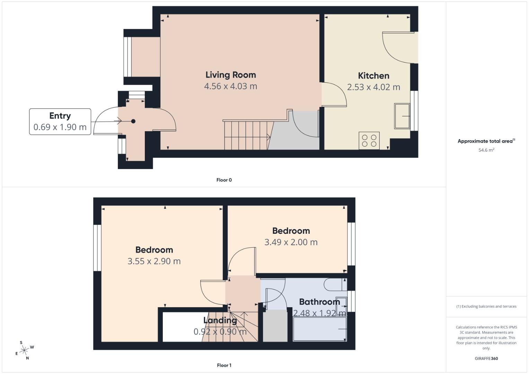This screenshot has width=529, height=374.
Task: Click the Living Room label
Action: [230, 75]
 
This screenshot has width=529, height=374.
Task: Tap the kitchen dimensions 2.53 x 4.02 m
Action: [373, 87]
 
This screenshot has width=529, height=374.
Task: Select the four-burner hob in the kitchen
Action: [369, 141]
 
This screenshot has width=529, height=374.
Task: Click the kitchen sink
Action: [402, 116]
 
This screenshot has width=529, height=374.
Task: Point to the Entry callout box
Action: [60, 122]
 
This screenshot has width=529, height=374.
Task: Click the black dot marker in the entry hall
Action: [133, 121]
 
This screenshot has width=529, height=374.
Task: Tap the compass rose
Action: [24, 351]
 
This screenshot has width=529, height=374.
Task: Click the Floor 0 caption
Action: [224, 180]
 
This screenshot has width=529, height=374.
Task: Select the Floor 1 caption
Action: [224, 365]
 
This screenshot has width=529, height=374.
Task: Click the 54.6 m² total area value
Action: [486, 150]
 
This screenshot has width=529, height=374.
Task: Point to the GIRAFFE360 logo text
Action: [486, 358]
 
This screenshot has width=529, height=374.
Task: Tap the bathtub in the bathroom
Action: [319, 329]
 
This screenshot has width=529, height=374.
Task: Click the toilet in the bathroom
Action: [334, 285]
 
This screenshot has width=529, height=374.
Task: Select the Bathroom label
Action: [319, 302]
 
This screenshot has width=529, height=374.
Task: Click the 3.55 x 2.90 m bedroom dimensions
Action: [154, 261]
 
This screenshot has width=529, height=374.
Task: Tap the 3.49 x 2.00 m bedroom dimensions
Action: [291, 242]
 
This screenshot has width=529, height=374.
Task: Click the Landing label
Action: [220, 320]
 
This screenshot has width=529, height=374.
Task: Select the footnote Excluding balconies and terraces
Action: [486, 306]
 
